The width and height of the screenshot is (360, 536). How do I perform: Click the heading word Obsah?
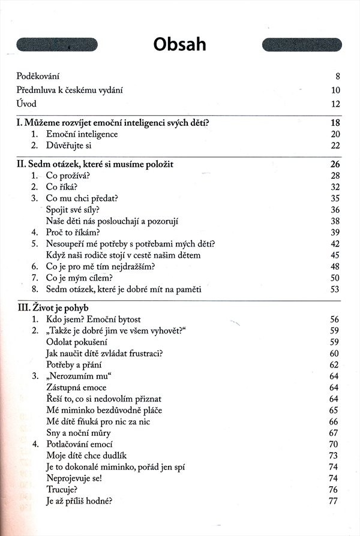click(179, 44)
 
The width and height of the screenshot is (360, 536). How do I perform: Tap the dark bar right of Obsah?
click(302, 44)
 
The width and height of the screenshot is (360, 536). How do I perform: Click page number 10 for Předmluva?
click(335, 91)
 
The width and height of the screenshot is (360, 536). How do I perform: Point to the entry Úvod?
click(28, 104)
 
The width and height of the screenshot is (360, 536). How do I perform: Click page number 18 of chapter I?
click(335, 123)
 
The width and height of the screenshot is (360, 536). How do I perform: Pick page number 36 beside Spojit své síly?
click(335, 209)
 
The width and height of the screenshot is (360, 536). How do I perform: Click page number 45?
click(335, 255)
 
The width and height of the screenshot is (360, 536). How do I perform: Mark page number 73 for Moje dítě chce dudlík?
click(335, 456)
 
